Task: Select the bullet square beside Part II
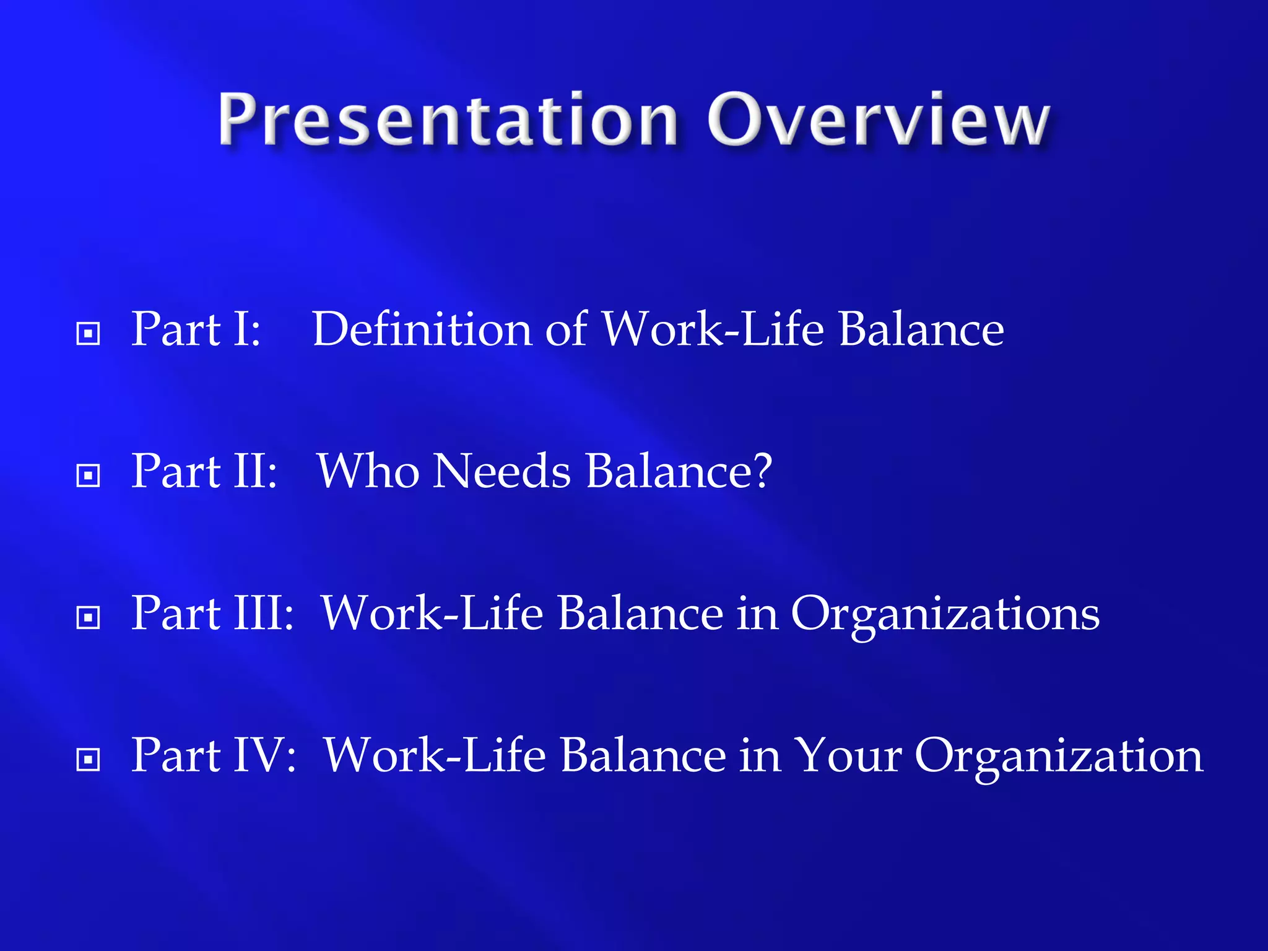[88, 476]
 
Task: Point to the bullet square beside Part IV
[88, 760]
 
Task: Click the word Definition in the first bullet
[422, 329]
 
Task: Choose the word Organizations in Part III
[945, 615]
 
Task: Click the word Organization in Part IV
[1058, 757]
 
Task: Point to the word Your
[848, 757]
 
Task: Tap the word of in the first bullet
[566, 329]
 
